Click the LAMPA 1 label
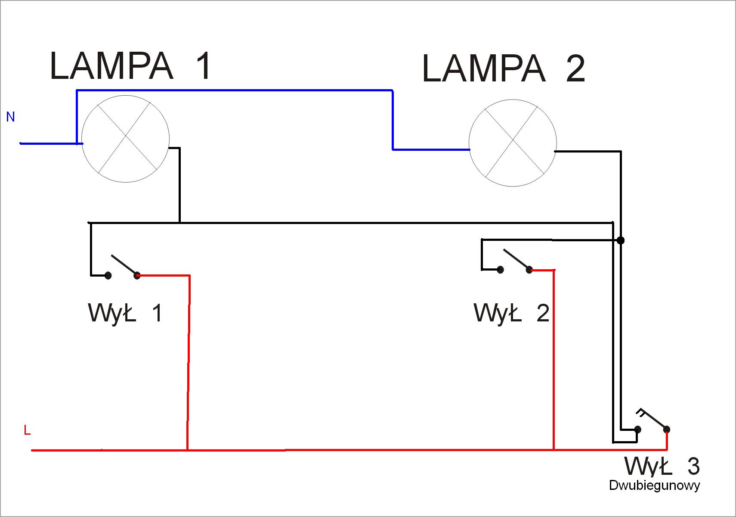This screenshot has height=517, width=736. pyautogui.click(x=130, y=66)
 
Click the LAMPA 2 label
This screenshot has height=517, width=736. pyautogui.click(x=504, y=69)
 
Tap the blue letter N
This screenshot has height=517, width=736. pyautogui.click(x=10, y=117)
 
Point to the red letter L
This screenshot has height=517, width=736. pyautogui.click(x=27, y=430)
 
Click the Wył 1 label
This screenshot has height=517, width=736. pyautogui.click(x=125, y=313)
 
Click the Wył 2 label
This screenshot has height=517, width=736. pyautogui.click(x=511, y=313)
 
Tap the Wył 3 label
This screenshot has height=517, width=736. pyautogui.click(x=662, y=466)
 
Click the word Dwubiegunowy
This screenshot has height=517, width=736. pyautogui.click(x=654, y=486)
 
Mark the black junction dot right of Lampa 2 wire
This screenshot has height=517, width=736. pyautogui.click(x=621, y=240)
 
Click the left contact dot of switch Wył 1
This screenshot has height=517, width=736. pyautogui.click(x=108, y=276)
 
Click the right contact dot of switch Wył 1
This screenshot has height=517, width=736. pyautogui.click(x=137, y=276)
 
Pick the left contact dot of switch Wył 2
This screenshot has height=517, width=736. pyautogui.click(x=501, y=270)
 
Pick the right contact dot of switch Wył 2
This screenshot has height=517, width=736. pyautogui.click(x=529, y=270)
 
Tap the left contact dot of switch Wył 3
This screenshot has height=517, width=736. pyautogui.click(x=638, y=429)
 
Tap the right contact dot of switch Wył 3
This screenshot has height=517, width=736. pyautogui.click(x=667, y=429)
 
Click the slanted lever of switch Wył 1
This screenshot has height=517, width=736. pyautogui.click(x=124, y=265)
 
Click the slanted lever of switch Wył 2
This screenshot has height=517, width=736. pyautogui.click(x=516, y=259)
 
